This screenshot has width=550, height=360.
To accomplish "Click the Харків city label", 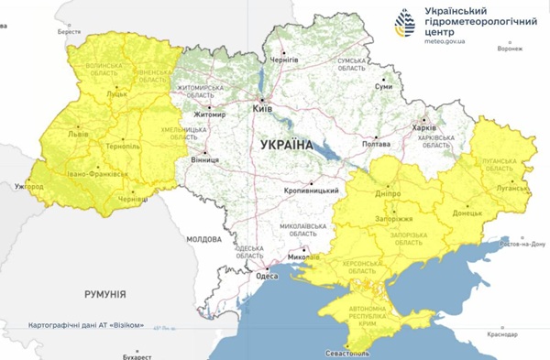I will [424, 128].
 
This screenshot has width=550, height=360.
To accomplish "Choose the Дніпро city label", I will [390, 194].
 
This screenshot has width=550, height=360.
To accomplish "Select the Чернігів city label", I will [284, 60].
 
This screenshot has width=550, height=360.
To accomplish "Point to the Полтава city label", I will [378, 144].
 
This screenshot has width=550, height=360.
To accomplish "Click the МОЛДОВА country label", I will [203, 239].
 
